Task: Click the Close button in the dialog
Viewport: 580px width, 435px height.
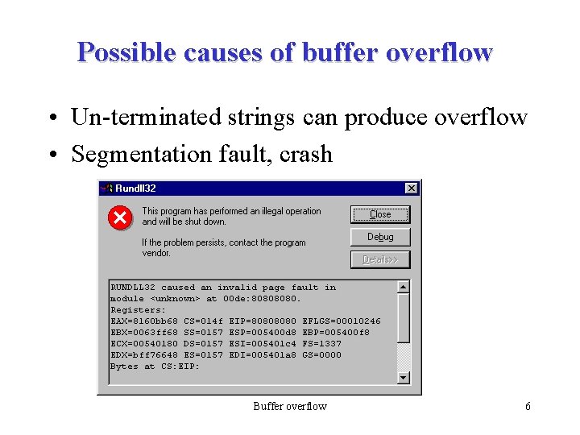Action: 380,214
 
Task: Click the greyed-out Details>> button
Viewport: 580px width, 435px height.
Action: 380,259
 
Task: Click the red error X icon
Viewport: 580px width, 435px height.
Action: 120,217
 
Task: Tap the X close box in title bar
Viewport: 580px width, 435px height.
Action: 411,188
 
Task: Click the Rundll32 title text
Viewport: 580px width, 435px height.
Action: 135,188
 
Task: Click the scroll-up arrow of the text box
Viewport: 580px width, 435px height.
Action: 404,287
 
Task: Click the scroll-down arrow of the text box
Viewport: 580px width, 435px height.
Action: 404,377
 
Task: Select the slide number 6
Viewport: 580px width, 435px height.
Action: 528,406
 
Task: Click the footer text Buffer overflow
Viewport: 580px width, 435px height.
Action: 290,406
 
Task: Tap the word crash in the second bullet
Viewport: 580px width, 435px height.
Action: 306,154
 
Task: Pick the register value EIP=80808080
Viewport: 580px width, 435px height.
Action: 263,321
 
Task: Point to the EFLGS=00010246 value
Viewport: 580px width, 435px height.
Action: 341,321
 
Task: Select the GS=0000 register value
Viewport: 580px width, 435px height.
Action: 321,355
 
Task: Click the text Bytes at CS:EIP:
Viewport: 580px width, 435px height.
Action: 143,367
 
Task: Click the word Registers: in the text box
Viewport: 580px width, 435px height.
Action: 138,310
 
